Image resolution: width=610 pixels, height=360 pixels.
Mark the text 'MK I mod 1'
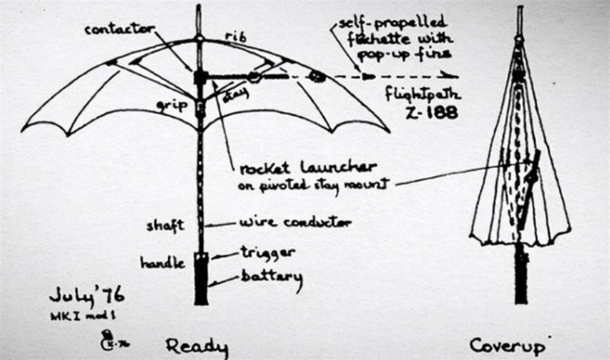tap(79, 314)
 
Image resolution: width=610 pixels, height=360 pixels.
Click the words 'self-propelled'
tap(392, 23)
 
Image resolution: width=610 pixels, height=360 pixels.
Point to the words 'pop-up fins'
tap(415, 53)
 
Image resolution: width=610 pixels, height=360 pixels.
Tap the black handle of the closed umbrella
tap(520, 276)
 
